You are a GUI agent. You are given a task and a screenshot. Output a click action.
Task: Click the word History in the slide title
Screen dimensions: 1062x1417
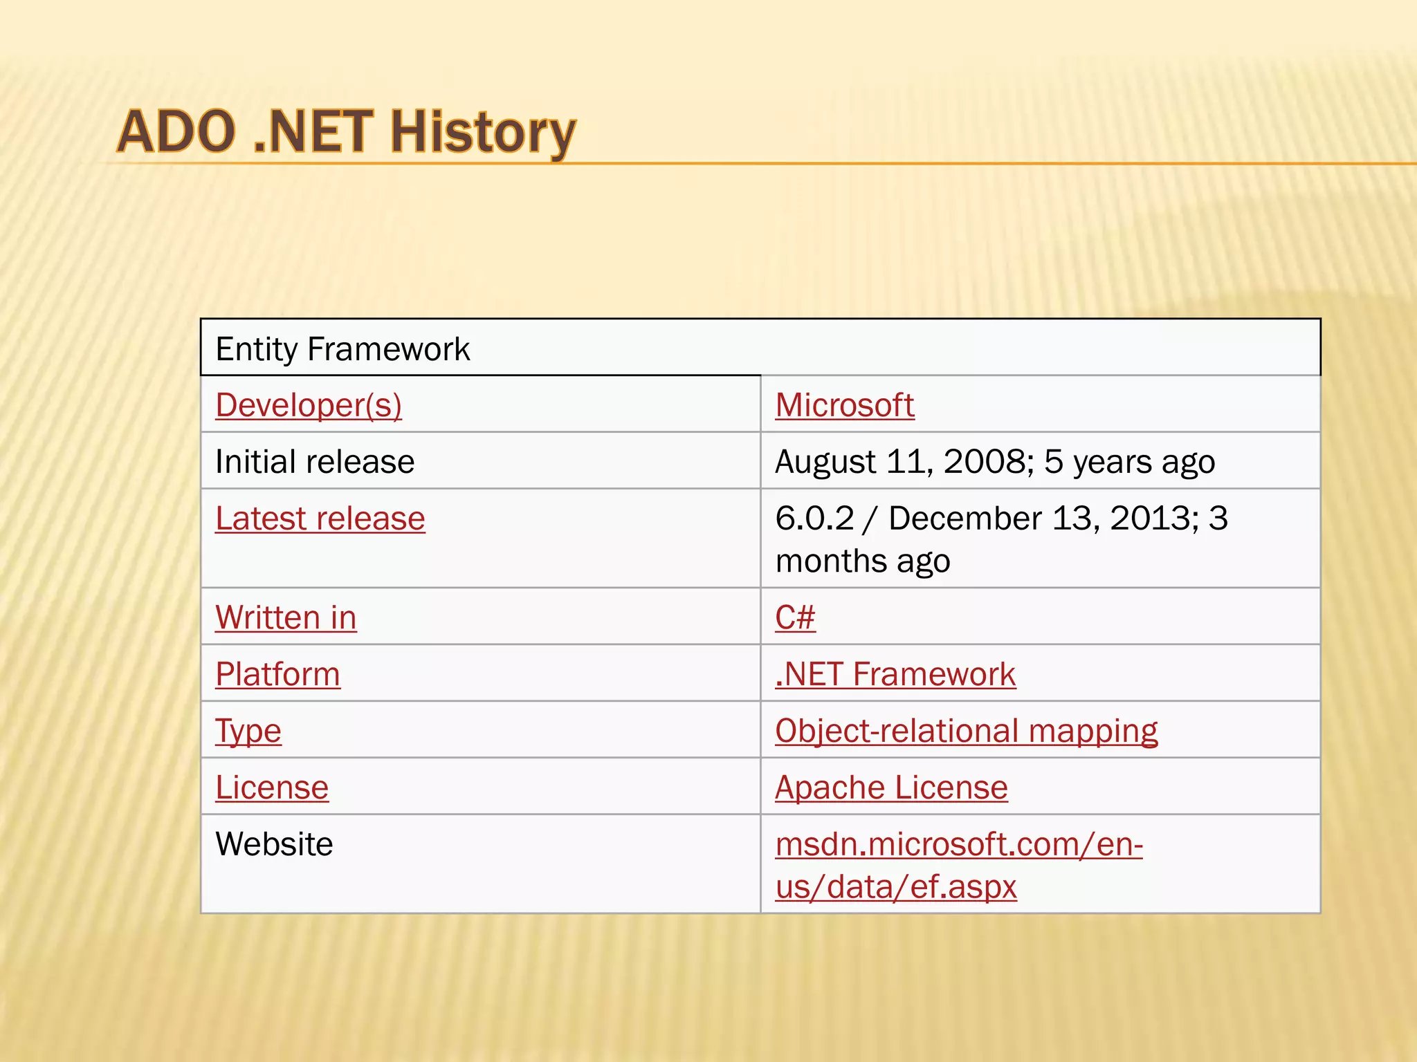click(x=482, y=132)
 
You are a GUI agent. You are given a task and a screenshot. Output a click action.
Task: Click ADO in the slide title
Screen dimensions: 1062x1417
click(x=176, y=132)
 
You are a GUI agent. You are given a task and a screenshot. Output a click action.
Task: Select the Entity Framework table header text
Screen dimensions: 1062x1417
click(x=342, y=349)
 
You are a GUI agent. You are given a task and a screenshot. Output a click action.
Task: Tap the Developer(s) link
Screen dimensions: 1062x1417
click(x=309, y=405)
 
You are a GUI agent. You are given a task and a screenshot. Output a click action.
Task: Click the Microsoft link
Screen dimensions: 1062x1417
click(x=845, y=405)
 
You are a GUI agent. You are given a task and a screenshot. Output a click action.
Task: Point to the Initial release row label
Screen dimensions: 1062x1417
click(x=315, y=462)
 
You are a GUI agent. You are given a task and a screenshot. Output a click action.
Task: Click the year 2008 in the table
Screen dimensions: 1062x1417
click(x=984, y=462)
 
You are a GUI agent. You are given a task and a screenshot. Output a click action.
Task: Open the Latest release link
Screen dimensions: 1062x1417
click(x=320, y=519)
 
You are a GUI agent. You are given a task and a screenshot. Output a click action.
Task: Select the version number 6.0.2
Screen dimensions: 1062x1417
click(x=814, y=519)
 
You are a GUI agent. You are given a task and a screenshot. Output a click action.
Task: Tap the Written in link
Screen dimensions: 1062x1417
click(x=286, y=617)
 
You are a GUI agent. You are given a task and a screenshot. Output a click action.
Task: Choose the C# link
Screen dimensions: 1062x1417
click(x=795, y=617)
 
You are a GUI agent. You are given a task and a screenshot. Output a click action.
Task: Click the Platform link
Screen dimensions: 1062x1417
click(x=277, y=674)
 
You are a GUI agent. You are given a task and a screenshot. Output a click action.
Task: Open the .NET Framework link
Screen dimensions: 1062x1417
click(x=895, y=674)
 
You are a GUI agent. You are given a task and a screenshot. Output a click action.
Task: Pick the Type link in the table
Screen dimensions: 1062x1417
click(x=248, y=732)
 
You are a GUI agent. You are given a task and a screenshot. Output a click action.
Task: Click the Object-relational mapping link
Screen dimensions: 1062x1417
click(x=966, y=732)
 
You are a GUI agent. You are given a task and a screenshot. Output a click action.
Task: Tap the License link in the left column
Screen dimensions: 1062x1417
click(x=272, y=788)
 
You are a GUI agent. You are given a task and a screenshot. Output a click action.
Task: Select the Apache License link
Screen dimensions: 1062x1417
click(x=891, y=788)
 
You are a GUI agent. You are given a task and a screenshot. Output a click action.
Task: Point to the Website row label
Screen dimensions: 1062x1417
click(x=274, y=844)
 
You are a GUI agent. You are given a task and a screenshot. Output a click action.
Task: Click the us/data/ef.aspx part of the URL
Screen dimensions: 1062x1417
click(x=896, y=887)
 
